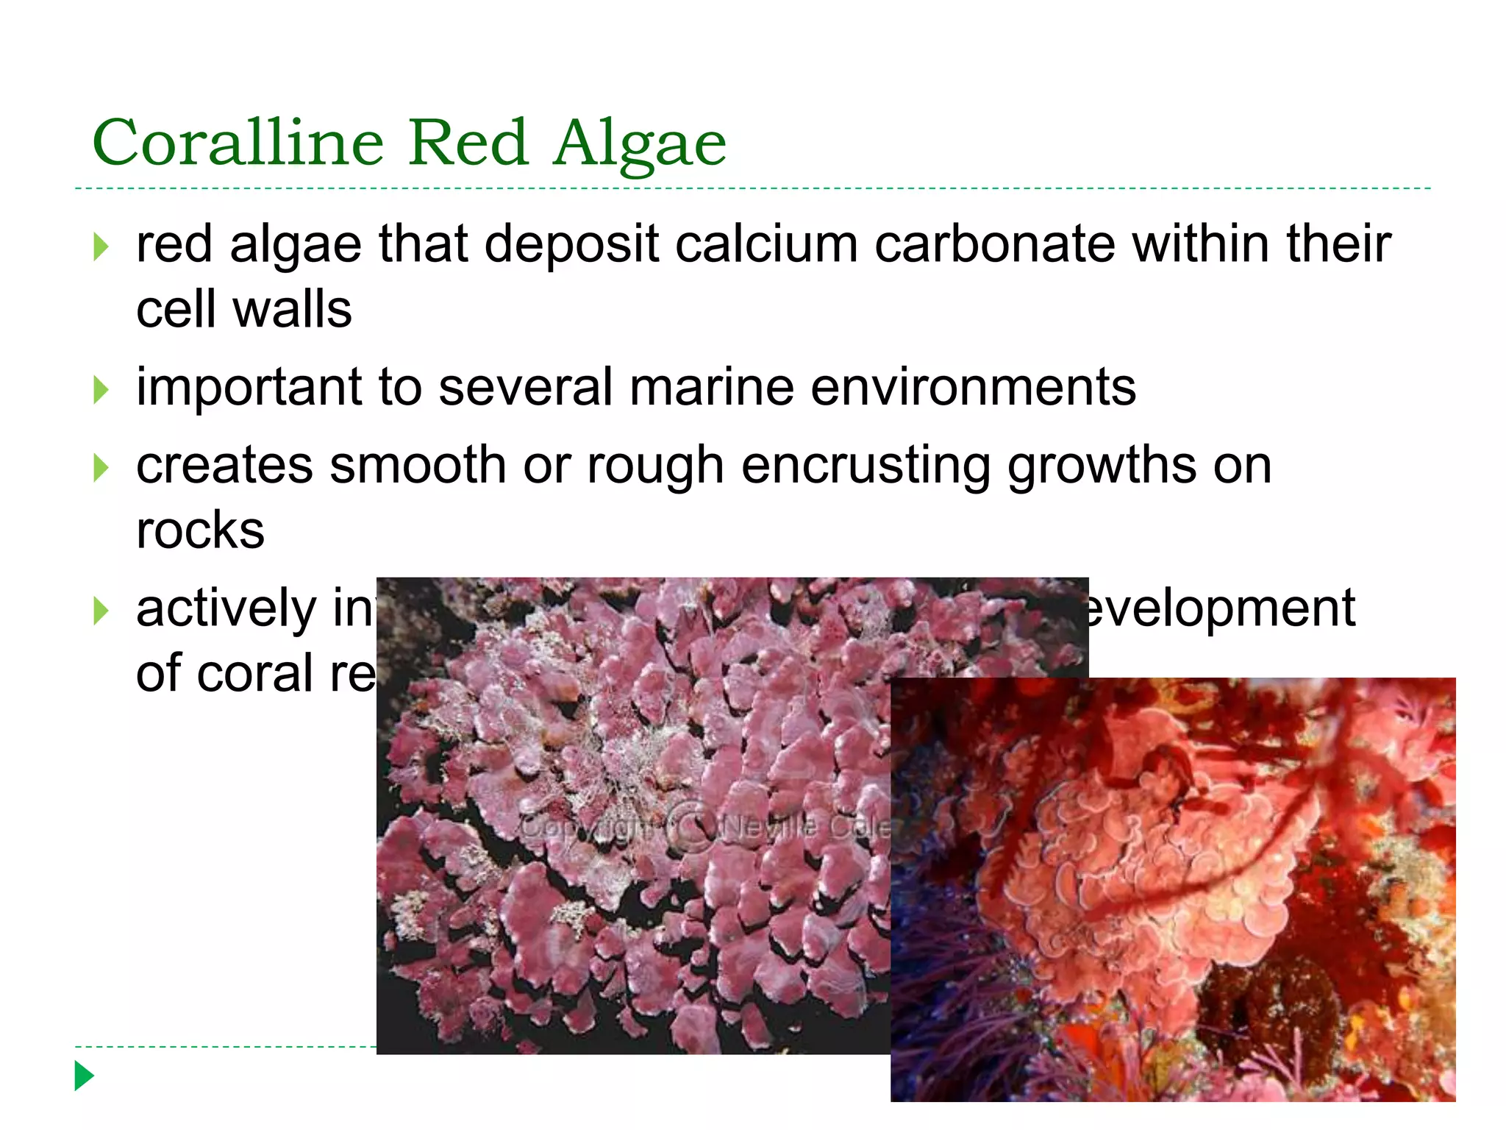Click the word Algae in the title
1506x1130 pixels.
coord(640,144)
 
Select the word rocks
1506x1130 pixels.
coord(200,530)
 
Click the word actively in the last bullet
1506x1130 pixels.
coord(226,610)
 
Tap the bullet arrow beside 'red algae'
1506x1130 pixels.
coord(101,247)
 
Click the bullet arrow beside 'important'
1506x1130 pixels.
coord(101,390)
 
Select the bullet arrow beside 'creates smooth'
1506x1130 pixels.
coord(101,468)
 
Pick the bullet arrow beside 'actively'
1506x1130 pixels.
coord(101,611)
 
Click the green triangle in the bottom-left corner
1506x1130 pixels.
coord(85,1076)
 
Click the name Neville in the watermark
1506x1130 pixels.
coord(770,827)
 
